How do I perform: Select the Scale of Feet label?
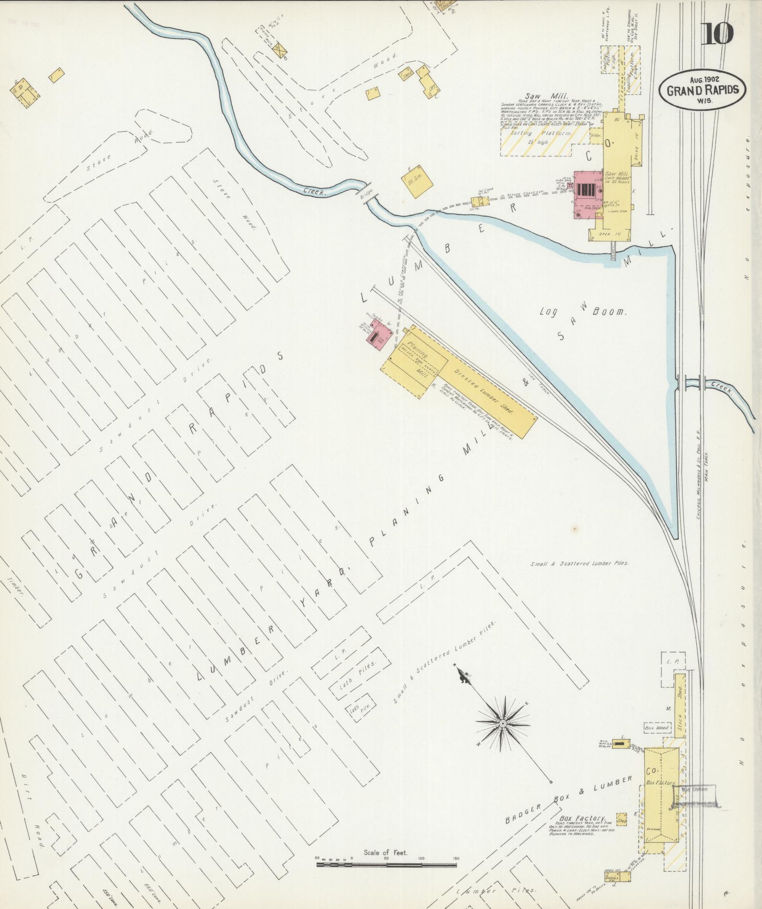(x=386, y=852)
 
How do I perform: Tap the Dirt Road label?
(x=33, y=809)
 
